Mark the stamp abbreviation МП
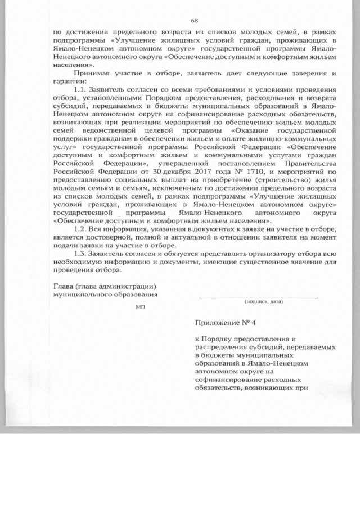[x=140, y=307]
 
